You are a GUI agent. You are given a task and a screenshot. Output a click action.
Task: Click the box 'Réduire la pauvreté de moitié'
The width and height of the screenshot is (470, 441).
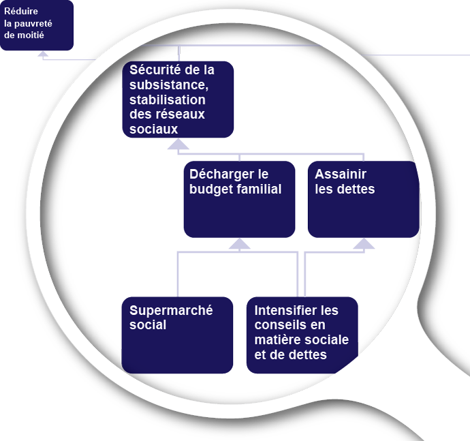coord(36,25)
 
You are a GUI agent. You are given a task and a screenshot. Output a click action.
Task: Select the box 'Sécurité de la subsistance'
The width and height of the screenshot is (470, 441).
coord(178,99)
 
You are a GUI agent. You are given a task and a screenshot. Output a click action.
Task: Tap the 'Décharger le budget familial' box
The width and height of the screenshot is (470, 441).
coord(239,199)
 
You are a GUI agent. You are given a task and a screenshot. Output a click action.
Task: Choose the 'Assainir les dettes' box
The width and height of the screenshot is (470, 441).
coord(363,199)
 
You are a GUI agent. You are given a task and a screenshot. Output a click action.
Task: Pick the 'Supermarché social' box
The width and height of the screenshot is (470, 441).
coord(177,335)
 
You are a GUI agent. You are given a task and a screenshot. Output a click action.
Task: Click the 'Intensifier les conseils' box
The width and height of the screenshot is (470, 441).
coord(302,335)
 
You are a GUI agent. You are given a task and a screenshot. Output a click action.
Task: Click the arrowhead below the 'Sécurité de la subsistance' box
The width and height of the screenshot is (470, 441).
coord(178,144)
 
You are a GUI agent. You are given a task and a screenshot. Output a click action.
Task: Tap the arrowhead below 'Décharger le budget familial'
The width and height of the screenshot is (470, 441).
coord(239,244)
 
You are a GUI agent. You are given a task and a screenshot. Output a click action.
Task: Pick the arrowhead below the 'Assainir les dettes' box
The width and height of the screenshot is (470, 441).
coord(363,244)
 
